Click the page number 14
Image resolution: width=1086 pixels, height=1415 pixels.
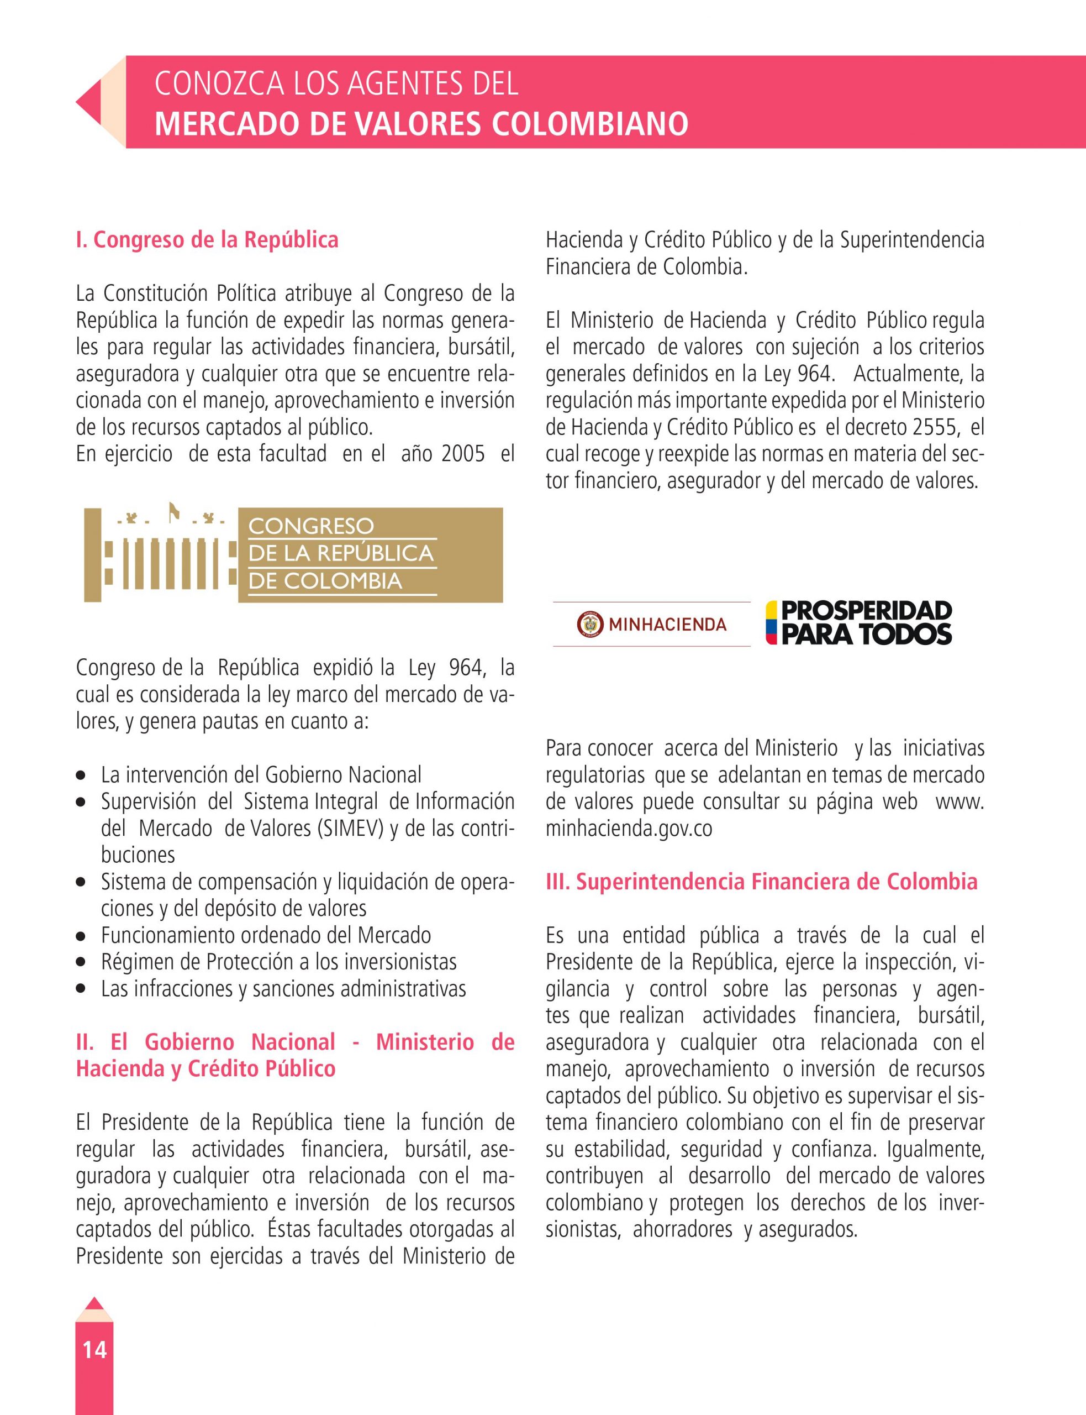click(94, 1349)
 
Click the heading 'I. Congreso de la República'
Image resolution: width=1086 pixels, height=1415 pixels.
click(207, 240)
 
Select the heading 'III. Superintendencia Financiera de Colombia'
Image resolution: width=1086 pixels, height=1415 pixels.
click(762, 882)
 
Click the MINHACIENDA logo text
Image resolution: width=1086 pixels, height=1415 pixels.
click(667, 625)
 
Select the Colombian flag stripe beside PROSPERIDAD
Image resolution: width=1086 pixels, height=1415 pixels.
click(771, 623)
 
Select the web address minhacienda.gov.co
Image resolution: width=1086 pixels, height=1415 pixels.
click(629, 829)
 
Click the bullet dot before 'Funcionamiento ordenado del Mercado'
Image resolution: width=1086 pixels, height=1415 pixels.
click(81, 936)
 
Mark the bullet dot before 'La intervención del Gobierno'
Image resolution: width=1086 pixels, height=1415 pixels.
click(81, 775)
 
